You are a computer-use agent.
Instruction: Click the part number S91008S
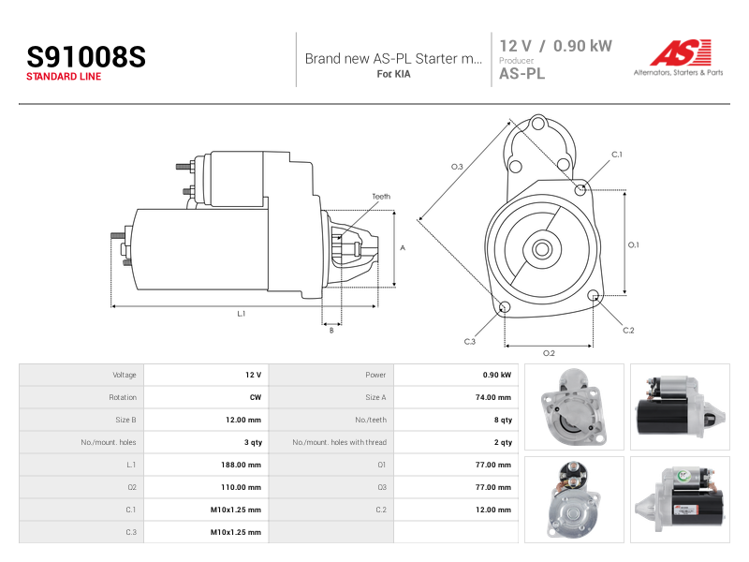click(x=86, y=57)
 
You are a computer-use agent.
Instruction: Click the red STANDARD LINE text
click(x=64, y=77)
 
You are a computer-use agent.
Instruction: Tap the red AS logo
click(x=681, y=52)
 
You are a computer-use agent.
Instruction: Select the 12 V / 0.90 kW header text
click(x=555, y=46)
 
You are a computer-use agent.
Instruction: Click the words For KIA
click(x=393, y=74)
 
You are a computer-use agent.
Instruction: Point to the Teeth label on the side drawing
click(x=381, y=197)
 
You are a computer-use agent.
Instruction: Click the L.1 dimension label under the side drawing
click(x=242, y=314)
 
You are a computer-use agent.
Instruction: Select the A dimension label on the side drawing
click(x=403, y=247)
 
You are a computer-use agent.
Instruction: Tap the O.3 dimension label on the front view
click(x=457, y=167)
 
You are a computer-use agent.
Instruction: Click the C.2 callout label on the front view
click(x=628, y=331)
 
